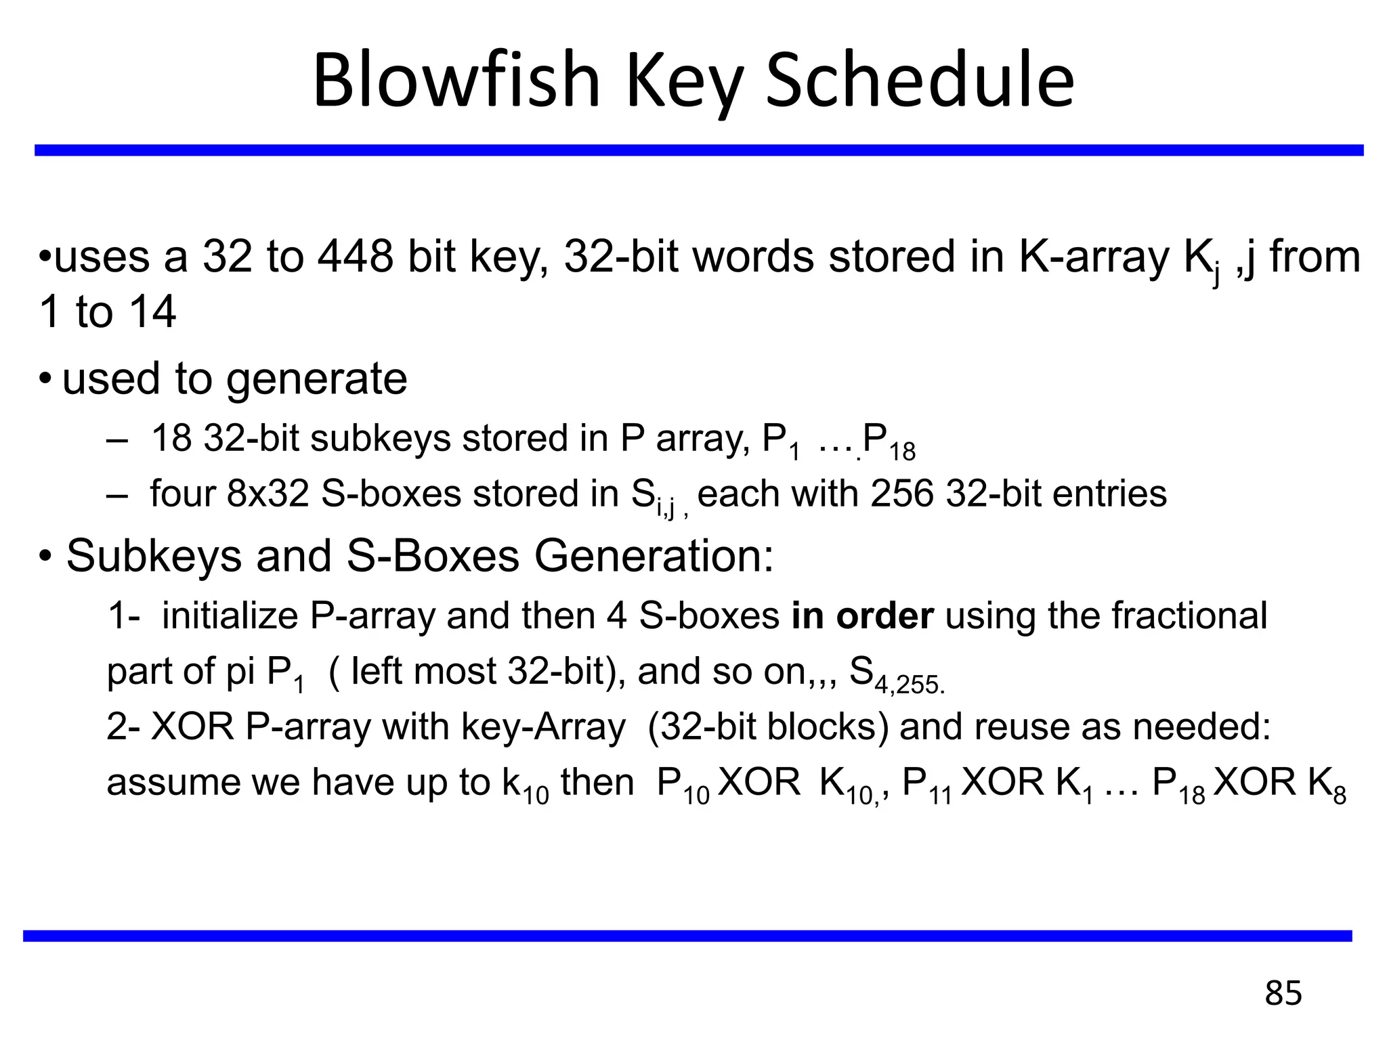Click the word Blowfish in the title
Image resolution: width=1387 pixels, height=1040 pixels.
tap(456, 80)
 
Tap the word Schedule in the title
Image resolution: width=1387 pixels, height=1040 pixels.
tap(920, 80)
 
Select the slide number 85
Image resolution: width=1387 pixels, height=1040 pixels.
tap(1283, 993)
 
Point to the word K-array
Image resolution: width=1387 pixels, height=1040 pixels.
tap(1095, 259)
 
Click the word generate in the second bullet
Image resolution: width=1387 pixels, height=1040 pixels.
tap(316, 378)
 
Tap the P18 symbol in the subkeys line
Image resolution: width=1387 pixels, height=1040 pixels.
tap(889, 442)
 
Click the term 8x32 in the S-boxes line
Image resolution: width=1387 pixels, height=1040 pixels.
tap(268, 493)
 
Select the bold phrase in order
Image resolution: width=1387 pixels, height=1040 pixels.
tap(862, 615)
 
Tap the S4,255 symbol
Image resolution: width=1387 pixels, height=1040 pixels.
tap(895, 675)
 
